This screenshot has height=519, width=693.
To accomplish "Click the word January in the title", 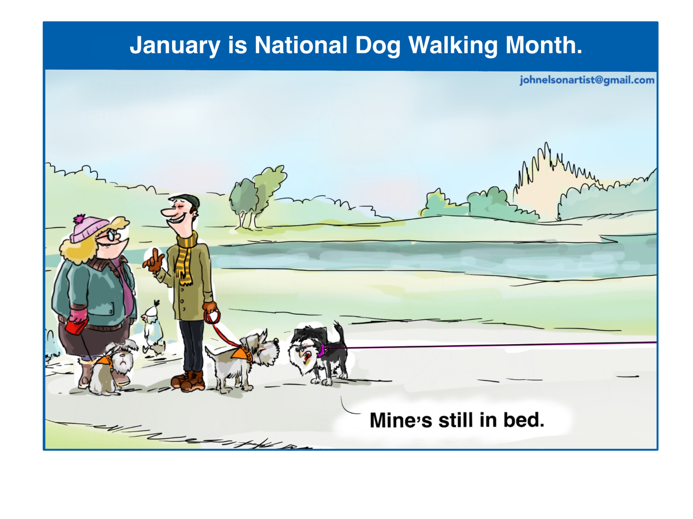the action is [175, 46].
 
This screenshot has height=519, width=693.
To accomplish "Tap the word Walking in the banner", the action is [453, 46].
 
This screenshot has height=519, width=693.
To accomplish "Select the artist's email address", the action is [587, 80].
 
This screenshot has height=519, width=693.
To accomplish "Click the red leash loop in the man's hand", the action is [212, 317].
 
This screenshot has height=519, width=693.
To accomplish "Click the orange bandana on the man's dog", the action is [241, 353].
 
